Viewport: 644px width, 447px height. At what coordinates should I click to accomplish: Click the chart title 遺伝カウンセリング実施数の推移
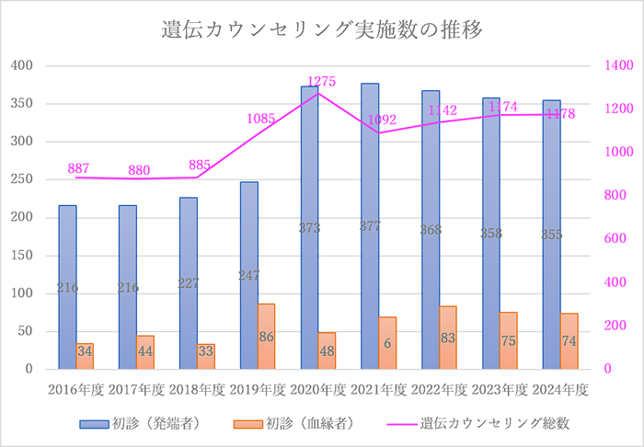tap(322, 29)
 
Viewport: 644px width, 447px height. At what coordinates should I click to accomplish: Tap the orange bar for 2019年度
tap(267, 337)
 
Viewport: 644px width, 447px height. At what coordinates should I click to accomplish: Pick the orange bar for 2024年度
tap(569, 341)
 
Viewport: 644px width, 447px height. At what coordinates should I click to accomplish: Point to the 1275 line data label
tap(322, 81)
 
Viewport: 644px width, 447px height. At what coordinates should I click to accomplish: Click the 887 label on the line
tap(78, 169)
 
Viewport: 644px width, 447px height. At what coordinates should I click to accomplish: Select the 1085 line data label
tap(261, 119)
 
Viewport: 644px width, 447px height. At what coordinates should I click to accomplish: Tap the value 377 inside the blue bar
tap(370, 227)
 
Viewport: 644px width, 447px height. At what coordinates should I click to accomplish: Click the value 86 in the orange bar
tap(267, 338)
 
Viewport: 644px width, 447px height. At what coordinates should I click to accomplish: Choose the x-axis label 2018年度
tap(196, 390)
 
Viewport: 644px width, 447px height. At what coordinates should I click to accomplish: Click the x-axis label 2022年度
tap(438, 390)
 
